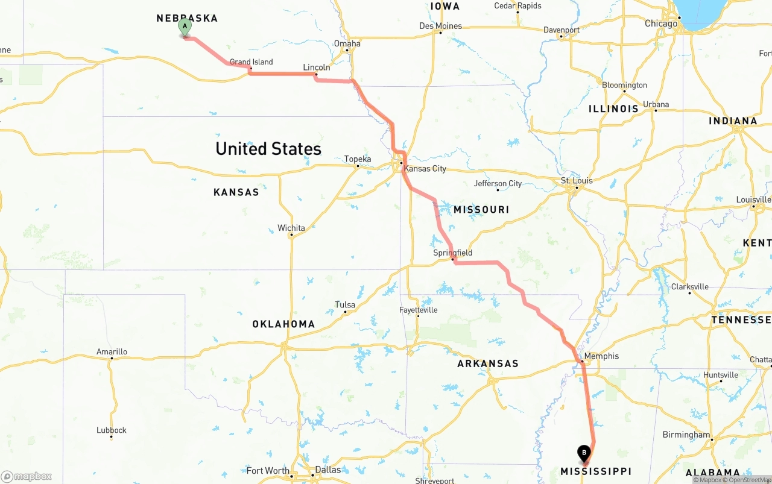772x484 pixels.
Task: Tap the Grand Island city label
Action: tap(251, 62)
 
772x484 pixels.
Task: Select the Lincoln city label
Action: tap(317, 68)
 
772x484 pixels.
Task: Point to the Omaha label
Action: tap(347, 43)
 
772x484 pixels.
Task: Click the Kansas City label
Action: tap(425, 169)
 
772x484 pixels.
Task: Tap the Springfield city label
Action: tap(452, 253)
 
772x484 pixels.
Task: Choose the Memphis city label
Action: tap(601, 356)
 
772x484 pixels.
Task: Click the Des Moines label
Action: tap(440, 26)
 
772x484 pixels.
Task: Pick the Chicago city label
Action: tap(661, 24)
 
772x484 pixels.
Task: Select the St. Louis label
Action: tap(577, 181)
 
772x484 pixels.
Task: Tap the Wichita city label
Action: tap(291, 228)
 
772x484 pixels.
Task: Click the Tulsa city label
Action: tap(345, 305)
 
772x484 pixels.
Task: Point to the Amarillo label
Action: tap(112, 352)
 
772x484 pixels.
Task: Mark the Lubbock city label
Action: tap(112, 430)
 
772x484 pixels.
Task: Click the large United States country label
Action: tap(268, 149)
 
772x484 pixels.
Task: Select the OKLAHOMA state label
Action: tap(283, 324)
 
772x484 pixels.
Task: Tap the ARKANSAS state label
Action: tap(488, 363)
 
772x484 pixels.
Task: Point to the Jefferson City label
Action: tap(498, 184)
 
